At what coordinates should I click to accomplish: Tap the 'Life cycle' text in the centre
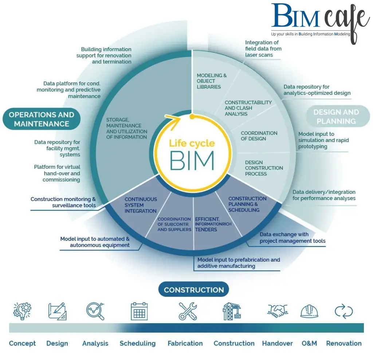coord(192,143)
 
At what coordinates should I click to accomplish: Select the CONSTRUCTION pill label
coord(194,290)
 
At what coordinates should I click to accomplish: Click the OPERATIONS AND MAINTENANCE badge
coord(41,119)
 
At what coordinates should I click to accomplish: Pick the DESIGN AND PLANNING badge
coord(336,117)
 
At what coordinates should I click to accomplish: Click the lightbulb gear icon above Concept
coord(22,311)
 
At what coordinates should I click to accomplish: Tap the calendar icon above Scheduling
coord(139,311)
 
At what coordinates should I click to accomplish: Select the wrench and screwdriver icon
coord(188,311)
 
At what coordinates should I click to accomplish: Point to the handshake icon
coord(278,310)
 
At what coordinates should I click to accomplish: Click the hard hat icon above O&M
coord(309,311)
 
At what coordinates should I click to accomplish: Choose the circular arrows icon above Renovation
coord(343,311)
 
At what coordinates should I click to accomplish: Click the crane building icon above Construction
coord(232,311)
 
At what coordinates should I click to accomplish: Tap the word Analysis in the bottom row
coord(95,343)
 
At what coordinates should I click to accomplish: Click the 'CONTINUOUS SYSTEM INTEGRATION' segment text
coord(141,205)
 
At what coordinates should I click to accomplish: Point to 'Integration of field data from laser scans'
coord(263,49)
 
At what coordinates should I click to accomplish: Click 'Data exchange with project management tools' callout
coord(292,238)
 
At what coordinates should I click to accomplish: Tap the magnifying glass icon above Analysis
coord(95,311)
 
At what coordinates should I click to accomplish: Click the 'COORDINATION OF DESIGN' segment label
coord(259,136)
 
